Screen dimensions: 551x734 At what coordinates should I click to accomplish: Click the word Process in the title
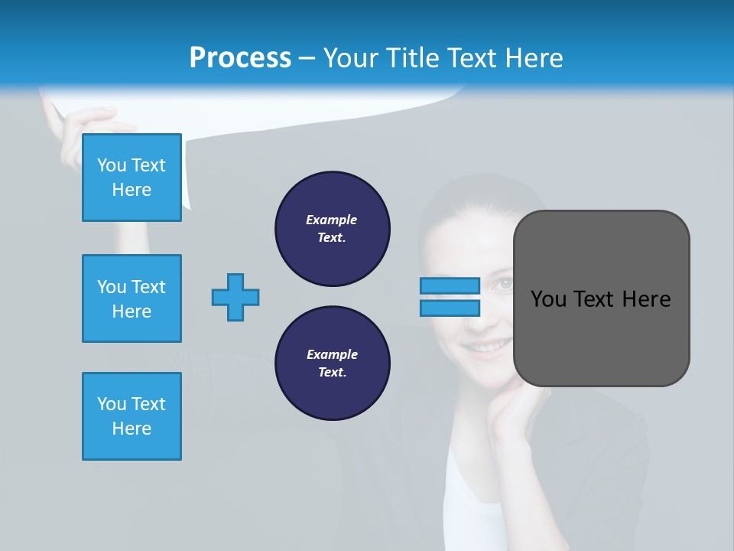point(240,58)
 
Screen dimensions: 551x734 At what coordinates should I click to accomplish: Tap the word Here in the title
point(532,58)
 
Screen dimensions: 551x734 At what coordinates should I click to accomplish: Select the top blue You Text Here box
point(132,178)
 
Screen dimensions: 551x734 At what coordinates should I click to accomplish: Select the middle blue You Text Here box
point(132,298)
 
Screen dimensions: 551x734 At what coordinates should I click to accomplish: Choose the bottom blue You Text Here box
point(132,416)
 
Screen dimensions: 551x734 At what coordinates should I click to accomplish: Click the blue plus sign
point(235,297)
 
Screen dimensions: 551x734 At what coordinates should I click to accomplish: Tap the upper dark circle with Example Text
point(333,229)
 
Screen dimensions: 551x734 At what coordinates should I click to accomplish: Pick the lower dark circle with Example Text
point(333,364)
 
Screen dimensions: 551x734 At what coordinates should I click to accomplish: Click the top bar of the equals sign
point(450,285)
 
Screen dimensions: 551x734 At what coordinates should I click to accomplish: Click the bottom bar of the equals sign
point(450,308)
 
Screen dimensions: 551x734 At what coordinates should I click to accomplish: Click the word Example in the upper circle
point(331,220)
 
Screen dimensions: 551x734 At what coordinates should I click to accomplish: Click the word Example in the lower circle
point(332,354)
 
